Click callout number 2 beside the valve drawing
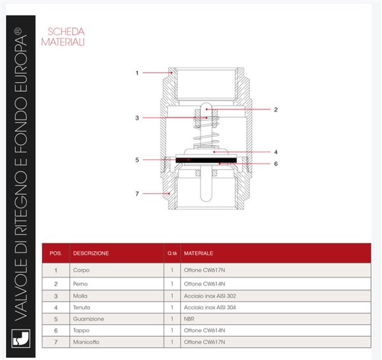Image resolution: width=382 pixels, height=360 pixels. click(276, 110)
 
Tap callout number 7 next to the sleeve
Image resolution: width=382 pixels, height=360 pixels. click(137, 194)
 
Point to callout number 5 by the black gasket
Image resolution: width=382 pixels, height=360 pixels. click(137, 160)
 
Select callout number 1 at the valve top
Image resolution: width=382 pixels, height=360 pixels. click(137, 73)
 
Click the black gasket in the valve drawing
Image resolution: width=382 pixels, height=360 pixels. click(206, 160)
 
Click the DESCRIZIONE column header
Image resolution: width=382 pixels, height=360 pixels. click(91, 253)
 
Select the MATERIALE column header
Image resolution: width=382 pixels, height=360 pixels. click(198, 253)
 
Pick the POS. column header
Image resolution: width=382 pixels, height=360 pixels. click(56, 253)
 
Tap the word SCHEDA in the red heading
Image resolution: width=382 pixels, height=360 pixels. click(66, 32)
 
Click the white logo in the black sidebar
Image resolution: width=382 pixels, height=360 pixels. click(21, 338)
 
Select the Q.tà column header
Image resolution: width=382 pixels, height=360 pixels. click(172, 253)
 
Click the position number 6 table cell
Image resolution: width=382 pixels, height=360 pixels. click(56, 331)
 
